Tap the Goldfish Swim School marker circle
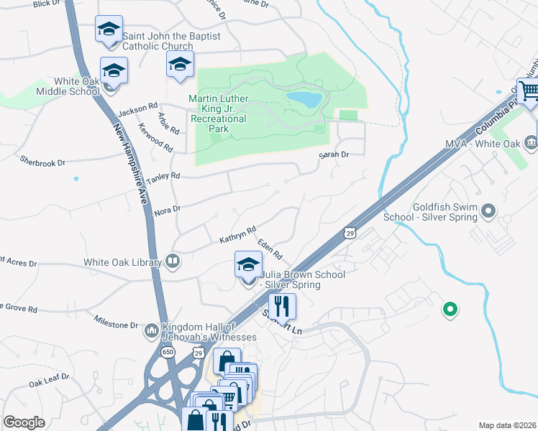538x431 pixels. (489, 211)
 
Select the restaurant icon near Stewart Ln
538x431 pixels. (283, 306)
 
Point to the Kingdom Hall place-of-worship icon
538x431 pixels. (151, 330)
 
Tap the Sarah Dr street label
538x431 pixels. (334, 154)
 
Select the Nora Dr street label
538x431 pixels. (166, 208)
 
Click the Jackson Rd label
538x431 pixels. (137, 110)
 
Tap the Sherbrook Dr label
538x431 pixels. (42, 162)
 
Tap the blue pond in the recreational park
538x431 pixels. (304, 99)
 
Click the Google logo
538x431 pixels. (24, 422)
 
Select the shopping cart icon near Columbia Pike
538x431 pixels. (529, 91)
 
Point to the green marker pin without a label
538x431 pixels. (450, 310)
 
